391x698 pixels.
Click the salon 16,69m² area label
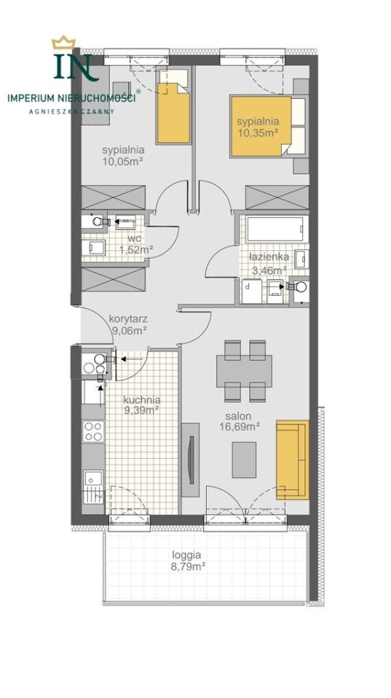(240, 422)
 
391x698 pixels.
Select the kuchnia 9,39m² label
(142, 405)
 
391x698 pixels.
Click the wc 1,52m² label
(136, 244)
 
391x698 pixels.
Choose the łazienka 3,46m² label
(269, 262)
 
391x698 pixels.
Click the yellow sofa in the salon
(292, 460)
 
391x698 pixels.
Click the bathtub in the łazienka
(277, 229)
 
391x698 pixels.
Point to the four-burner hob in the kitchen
(93, 431)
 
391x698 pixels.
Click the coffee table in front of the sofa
(245, 459)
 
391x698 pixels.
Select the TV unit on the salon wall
(191, 460)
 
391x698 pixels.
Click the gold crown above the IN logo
(64, 43)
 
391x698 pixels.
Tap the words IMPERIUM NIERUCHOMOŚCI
(72, 98)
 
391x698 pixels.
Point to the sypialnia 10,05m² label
(122, 155)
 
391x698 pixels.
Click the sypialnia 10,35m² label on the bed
(258, 126)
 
